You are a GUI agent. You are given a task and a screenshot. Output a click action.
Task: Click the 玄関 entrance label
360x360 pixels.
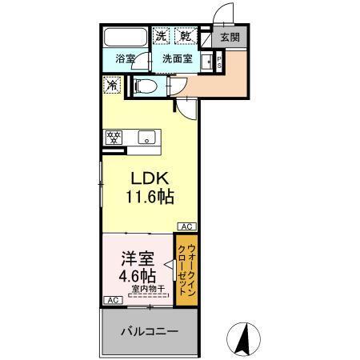tap(230, 37)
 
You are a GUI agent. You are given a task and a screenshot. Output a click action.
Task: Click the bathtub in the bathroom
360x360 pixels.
tap(125, 38)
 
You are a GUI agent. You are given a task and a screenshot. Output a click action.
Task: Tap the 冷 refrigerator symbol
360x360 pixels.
tap(111, 82)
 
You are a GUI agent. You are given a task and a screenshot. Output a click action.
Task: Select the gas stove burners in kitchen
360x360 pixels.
tap(113, 136)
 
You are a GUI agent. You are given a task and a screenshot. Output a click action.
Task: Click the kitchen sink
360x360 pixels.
tap(146, 136)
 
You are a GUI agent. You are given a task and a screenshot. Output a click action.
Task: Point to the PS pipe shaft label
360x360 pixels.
tap(218, 63)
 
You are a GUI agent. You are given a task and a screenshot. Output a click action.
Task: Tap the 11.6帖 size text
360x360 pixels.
tap(147, 197)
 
